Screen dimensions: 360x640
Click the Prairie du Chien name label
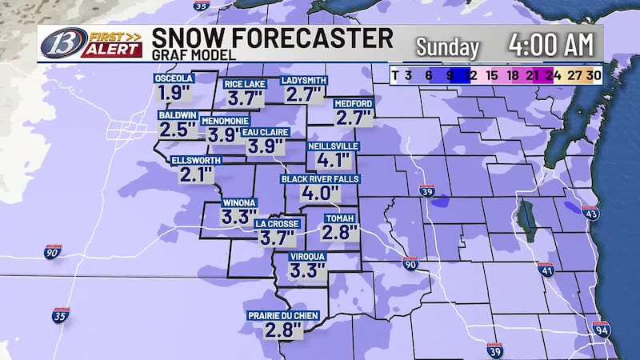pyautogui.click(x=283, y=315)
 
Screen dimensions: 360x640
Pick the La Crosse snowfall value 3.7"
pyautogui.click(x=277, y=238)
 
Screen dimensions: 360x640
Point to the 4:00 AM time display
pyautogui.click(x=553, y=46)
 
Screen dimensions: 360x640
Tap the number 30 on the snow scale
pyautogui.click(x=593, y=75)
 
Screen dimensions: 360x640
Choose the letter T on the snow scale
pyautogui.click(x=395, y=75)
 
